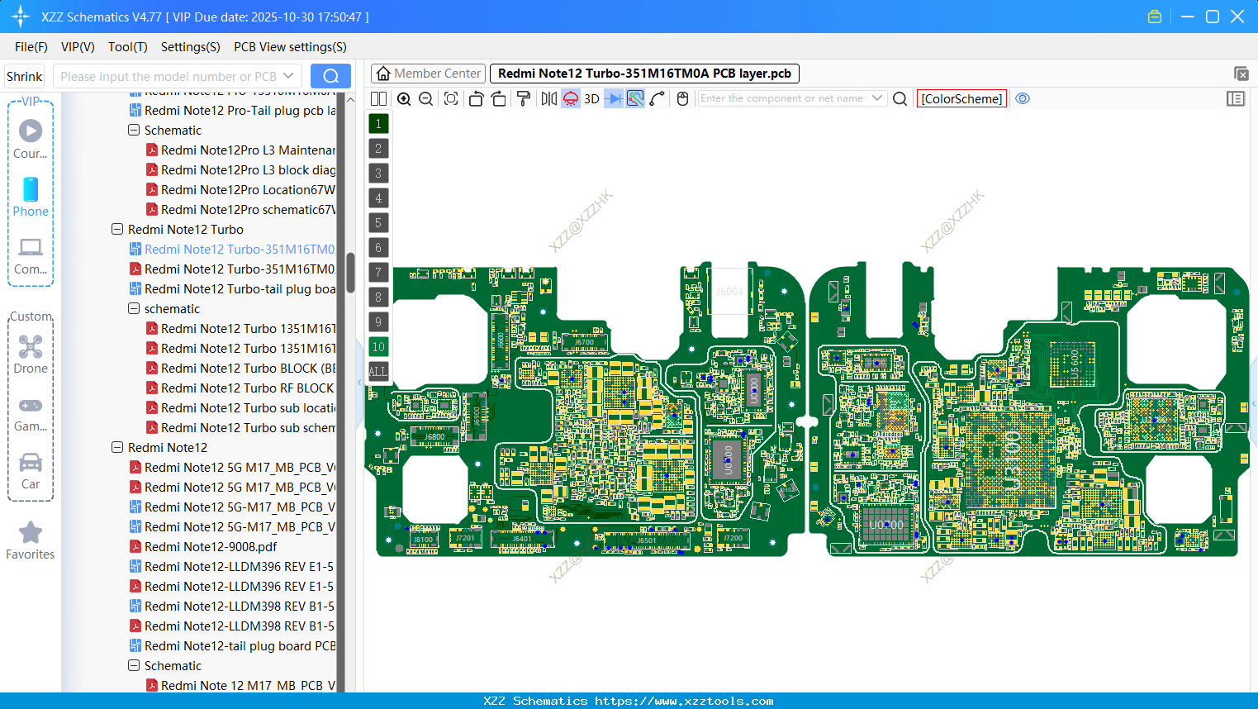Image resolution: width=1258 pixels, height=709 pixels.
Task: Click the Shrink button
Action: click(25, 76)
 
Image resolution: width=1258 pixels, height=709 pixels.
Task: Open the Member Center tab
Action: click(428, 74)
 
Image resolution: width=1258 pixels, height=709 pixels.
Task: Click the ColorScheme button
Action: click(961, 98)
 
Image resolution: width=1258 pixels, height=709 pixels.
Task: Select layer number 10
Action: click(378, 347)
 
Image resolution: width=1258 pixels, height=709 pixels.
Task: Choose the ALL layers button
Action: click(378, 372)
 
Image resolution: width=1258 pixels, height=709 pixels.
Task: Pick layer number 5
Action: click(378, 223)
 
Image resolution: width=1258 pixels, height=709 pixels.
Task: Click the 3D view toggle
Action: click(591, 98)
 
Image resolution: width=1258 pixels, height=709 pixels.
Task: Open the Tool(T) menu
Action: click(127, 47)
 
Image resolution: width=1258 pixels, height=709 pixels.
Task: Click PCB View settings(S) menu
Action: click(290, 47)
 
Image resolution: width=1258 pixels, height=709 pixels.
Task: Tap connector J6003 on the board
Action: click(729, 291)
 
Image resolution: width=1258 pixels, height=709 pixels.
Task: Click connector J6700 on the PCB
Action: click(584, 341)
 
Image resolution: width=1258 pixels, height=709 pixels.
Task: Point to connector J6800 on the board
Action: click(434, 436)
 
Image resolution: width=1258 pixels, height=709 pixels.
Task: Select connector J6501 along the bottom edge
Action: click(647, 541)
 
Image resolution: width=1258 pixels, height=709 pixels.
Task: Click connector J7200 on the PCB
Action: click(733, 538)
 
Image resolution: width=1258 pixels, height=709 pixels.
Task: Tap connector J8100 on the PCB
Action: click(423, 540)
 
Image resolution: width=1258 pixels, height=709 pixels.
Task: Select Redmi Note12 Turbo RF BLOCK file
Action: click(247, 388)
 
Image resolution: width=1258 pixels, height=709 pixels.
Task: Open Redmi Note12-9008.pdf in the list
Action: click(210, 547)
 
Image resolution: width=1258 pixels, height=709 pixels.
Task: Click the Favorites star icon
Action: click(31, 533)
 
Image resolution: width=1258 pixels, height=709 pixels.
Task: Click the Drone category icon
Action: click(31, 347)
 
